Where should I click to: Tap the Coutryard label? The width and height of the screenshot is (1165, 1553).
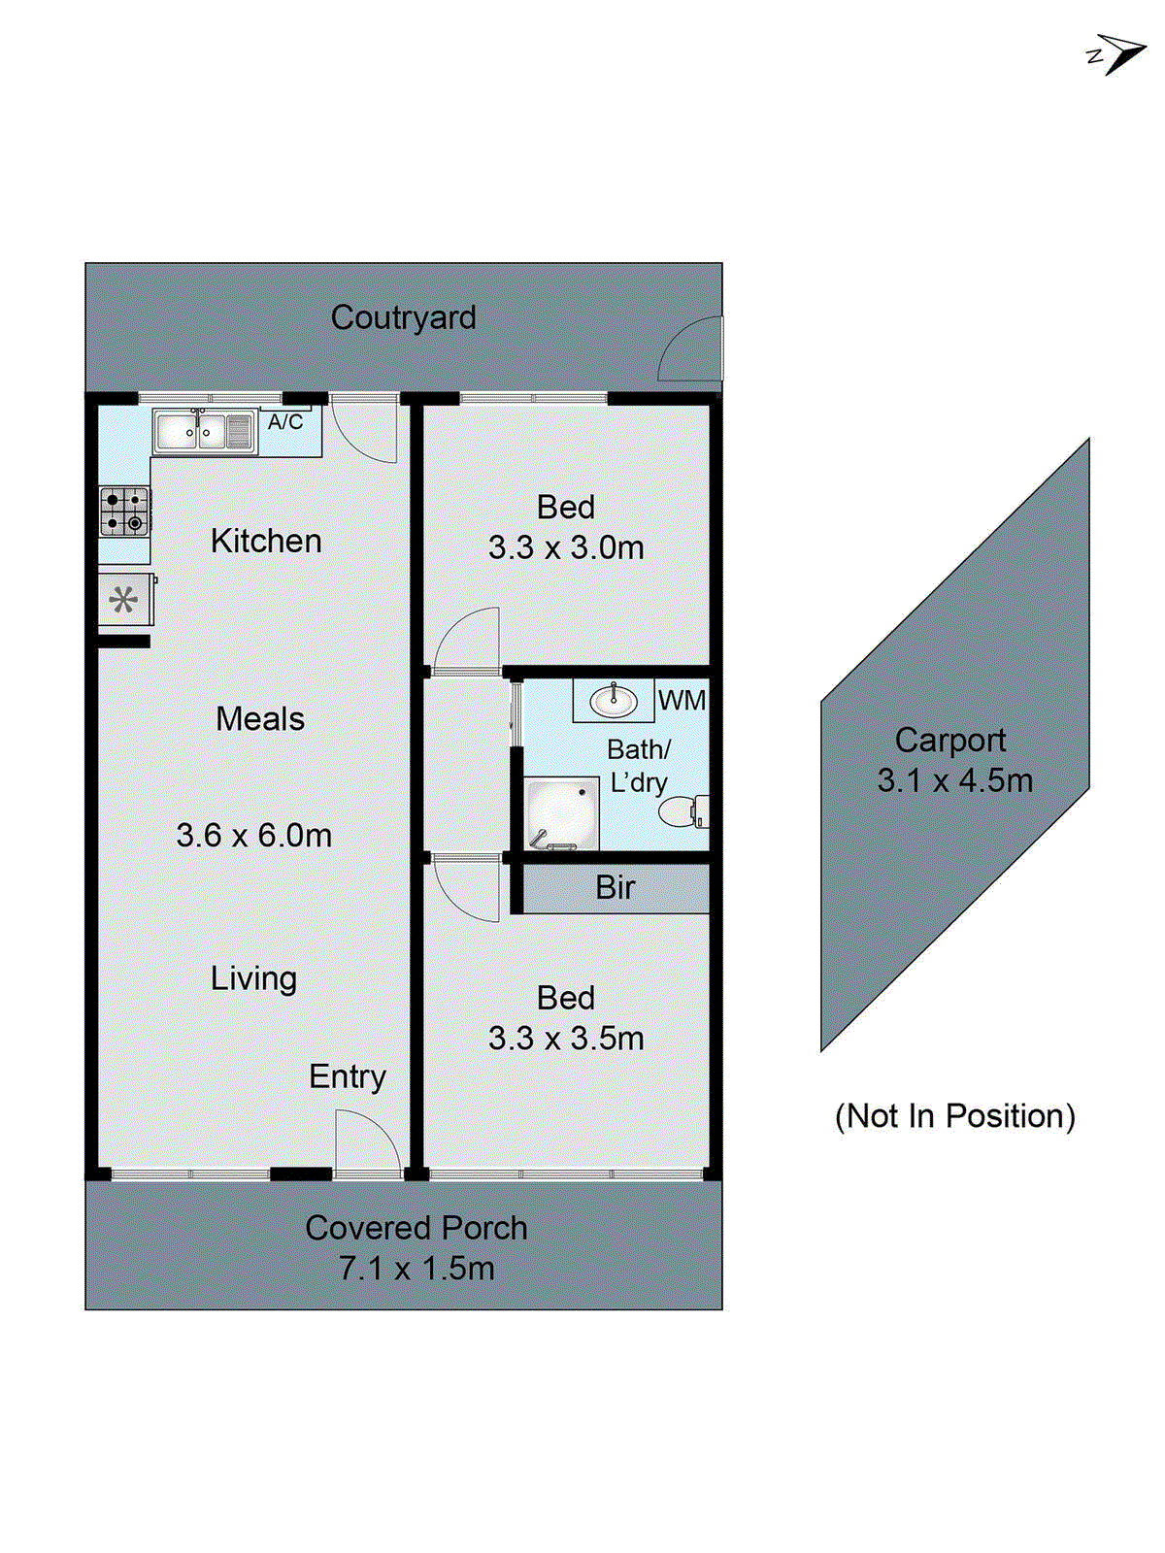(403, 317)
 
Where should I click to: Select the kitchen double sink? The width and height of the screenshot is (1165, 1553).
(203, 432)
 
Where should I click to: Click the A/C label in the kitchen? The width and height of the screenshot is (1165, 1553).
(285, 422)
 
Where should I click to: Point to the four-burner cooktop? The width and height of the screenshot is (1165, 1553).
(125, 512)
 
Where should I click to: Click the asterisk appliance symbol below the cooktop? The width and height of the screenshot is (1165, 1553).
(123, 600)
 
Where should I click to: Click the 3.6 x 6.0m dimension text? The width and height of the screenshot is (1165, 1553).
(254, 835)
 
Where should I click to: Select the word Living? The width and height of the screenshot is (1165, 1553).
(254, 978)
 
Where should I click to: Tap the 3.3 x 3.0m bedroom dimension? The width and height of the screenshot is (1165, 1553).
(566, 547)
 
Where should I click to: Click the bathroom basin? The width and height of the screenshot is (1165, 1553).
(614, 700)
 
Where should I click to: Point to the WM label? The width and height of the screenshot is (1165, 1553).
(682, 700)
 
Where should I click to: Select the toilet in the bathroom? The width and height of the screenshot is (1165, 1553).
(683, 811)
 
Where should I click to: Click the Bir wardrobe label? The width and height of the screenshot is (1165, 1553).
(616, 887)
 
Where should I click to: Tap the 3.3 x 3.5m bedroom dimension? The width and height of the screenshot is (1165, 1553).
(566, 1039)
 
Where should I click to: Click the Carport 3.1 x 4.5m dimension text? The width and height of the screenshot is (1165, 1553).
(954, 780)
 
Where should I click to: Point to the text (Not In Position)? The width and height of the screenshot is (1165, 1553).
(955, 1116)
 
